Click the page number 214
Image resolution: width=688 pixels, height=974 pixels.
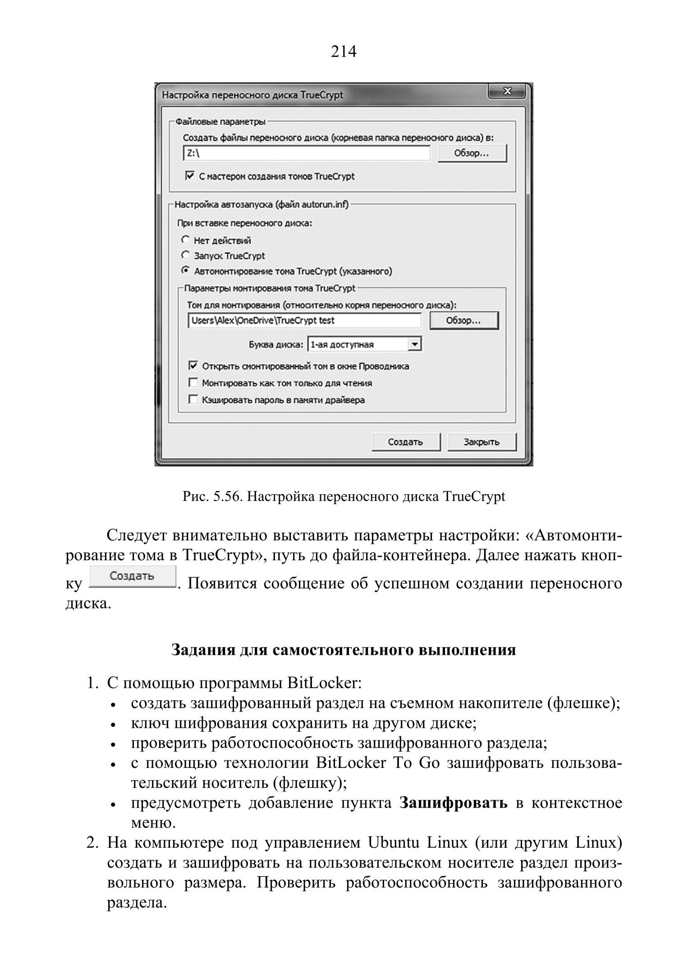pyautogui.click(x=344, y=52)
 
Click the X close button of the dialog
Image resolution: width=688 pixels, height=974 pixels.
pyautogui.click(x=506, y=92)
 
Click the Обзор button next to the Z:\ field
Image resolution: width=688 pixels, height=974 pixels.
pyautogui.click(x=472, y=153)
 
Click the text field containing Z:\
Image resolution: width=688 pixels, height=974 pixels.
pyautogui.click(x=307, y=153)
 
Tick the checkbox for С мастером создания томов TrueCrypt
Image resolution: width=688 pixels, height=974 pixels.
pyautogui.click(x=190, y=175)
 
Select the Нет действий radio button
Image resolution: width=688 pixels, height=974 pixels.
pyautogui.click(x=185, y=240)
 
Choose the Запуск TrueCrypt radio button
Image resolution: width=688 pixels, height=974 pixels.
pyautogui.click(x=185, y=255)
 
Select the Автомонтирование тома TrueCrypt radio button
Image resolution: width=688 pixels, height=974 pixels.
pyautogui.click(x=185, y=271)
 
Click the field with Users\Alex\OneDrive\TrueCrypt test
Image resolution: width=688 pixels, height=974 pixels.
pyautogui.click(x=304, y=321)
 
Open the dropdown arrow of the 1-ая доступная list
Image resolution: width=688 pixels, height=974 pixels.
pyautogui.click(x=414, y=345)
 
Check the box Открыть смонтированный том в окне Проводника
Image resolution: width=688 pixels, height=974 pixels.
pyautogui.click(x=193, y=366)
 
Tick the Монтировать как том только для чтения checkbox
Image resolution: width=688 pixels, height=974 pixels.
pyautogui.click(x=193, y=383)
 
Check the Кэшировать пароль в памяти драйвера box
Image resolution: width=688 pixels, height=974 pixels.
pyautogui.click(x=193, y=400)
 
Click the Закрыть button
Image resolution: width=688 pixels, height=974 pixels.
pyautogui.click(x=482, y=442)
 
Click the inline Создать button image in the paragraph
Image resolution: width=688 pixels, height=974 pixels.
pyautogui.click(x=132, y=577)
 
